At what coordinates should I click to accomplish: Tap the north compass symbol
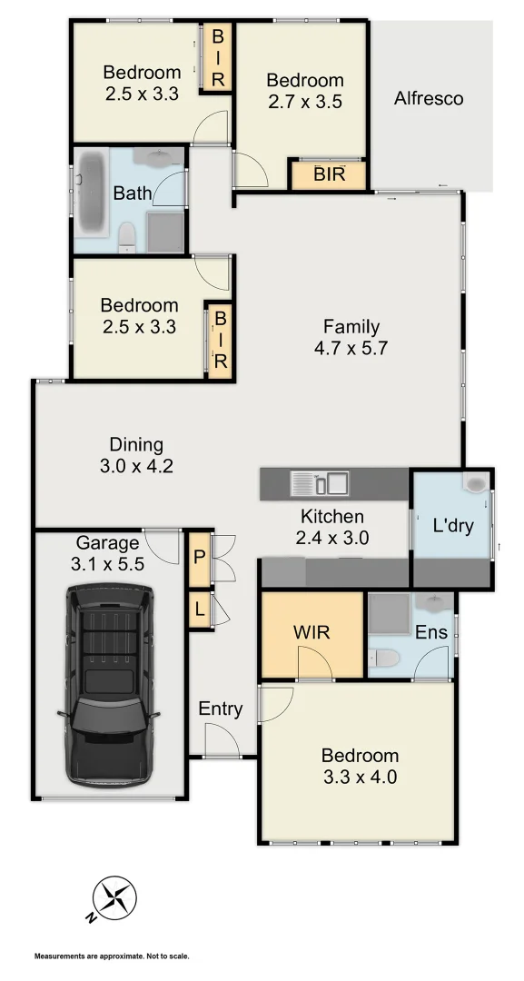114,898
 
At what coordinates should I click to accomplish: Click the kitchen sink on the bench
319,483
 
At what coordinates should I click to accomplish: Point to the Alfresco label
429,98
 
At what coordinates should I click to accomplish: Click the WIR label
311,632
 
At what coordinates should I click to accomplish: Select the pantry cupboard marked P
199,557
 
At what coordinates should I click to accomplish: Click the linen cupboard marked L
199,609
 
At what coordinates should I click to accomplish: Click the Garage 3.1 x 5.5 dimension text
109,563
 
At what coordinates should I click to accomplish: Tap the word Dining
136,444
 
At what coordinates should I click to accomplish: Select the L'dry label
452,525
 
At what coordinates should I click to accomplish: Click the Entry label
221,708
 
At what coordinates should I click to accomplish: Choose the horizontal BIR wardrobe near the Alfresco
329,173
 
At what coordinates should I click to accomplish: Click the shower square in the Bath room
165,230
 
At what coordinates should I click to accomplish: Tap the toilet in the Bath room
127,236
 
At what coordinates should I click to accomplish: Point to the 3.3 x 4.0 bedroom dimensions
359,777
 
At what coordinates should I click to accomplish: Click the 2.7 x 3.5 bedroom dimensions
305,102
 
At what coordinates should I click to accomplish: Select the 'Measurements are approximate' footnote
112,956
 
